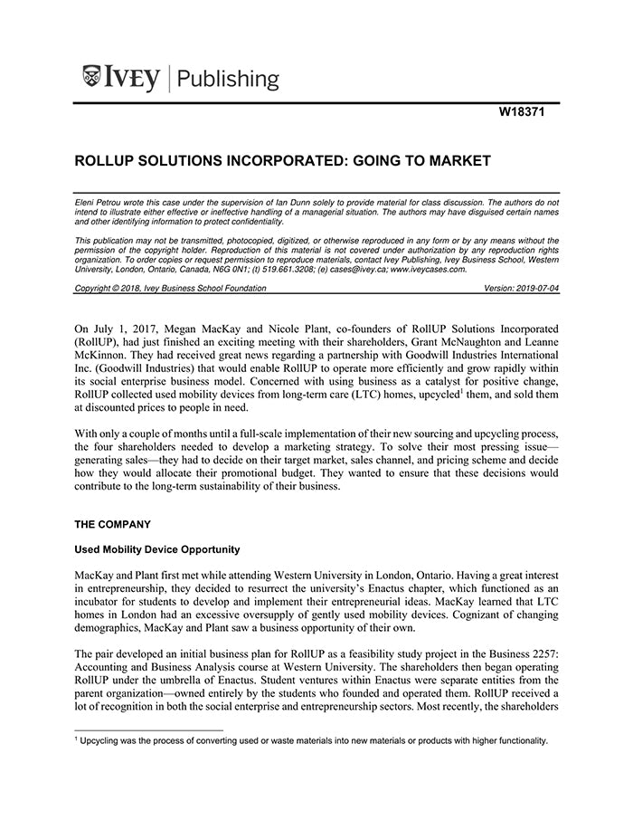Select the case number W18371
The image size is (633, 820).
pos(524,113)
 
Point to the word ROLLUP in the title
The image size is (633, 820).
pos(106,161)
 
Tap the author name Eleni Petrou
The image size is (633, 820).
pos(99,204)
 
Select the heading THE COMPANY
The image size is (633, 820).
pos(114,523)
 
